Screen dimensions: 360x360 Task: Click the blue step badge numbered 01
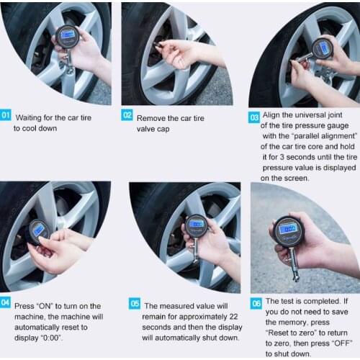[6, 114]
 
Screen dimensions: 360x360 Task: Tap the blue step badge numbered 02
[127, 114]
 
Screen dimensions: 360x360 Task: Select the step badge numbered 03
[254, 116]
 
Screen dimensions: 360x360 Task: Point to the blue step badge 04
[6, 302]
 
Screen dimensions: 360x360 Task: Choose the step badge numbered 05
[135, 304]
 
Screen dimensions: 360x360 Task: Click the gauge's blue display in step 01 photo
[68, 34]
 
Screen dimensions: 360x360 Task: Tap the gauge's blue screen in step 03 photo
[324, 48]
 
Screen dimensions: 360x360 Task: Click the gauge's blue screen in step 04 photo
[39, 230]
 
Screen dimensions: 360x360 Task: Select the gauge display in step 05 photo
[196, 224]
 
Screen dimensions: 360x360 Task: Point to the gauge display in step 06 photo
[289, 228]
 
